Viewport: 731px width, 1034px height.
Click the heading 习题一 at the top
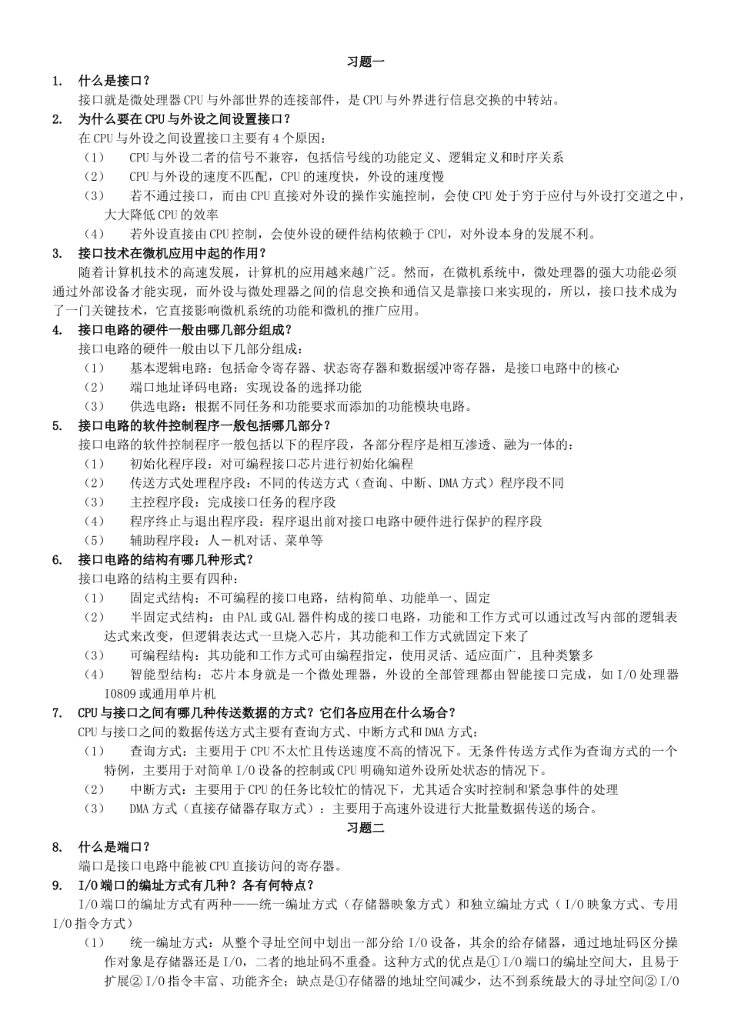(365, 62)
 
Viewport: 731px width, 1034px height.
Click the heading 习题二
(365, 828)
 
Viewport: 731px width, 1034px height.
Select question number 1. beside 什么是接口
(57, 81)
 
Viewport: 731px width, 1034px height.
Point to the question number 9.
(57, 886)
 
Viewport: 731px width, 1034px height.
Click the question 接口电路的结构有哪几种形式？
(166, 559)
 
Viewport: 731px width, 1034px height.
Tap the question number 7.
(57, 712)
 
